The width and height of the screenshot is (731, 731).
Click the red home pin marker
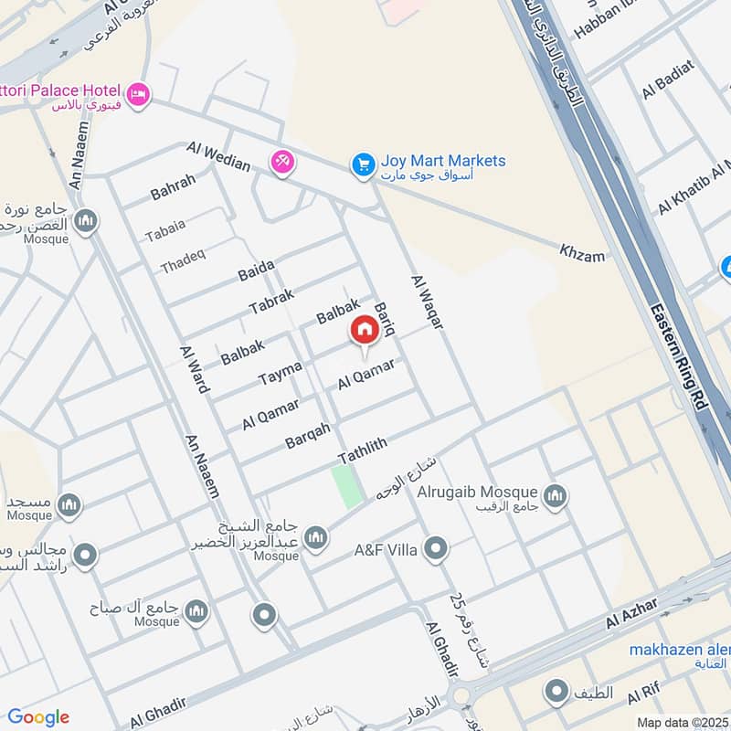tap(364, 331)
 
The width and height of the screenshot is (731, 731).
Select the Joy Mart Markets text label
tap(443, 162)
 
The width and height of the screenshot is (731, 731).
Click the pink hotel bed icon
tap(138, 94)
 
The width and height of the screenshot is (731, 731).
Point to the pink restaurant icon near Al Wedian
tap(281, 162)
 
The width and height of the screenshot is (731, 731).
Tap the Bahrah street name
tap(173, 187)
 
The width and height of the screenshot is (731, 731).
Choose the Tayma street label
tap(280, 372)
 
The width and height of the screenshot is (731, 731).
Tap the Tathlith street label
tap(363, 450)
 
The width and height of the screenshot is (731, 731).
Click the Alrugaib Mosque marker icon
tap(555, 497)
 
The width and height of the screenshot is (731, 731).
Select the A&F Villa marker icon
tap(437, 550)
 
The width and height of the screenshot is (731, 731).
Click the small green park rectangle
tap(346, 487)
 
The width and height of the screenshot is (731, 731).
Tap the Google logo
tap(38, 717)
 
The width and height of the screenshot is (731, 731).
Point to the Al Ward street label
tap(194, 370)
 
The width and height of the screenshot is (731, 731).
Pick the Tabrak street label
tap(271, 301)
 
